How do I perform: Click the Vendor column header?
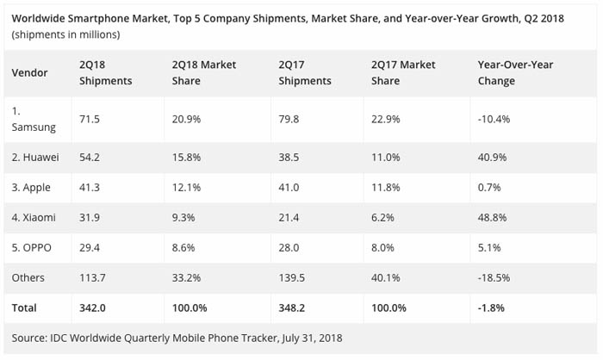pyautogui.click(x=29, y=72)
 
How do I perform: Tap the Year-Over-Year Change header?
pyautogui.click(x=514, y=72)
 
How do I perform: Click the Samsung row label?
pyautogui.click(x=34, y=119)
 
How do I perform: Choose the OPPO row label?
pyautogui.click(x=32, y=248)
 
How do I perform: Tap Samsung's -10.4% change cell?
pyautogui.click(x=494, y=119)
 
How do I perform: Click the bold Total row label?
pyautogui.click(x=25, y=306)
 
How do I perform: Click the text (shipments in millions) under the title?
pyautogui.click(x=65, y=34)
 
